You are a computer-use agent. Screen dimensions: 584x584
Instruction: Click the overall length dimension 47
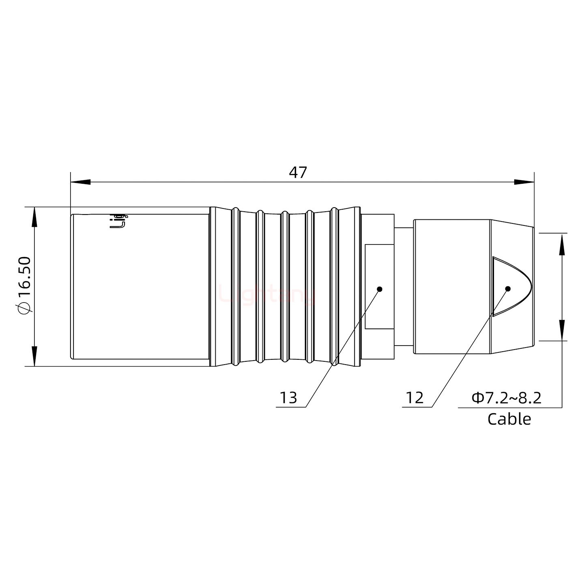(x=298, y=173)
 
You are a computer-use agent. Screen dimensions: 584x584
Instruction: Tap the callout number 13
(x=289, y=398)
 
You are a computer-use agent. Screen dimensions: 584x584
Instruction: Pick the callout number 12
(x=414, y=398)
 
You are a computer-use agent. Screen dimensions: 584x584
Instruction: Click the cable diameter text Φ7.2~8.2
(x=507, y=398)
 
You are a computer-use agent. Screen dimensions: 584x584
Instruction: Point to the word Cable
(x=509, y=419)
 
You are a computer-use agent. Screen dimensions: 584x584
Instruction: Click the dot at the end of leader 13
(x=380, y=289)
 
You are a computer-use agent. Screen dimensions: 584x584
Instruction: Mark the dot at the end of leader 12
(x=507, y=289)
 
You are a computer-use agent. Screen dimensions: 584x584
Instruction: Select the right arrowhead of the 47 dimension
(x=524, y=182)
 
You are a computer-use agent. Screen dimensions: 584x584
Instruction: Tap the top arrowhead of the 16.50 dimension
(x=34, y=217)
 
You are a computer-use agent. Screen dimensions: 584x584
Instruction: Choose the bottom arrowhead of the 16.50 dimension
(x=34, y=356)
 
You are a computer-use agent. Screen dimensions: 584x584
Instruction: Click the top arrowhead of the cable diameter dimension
(x=562, y=243)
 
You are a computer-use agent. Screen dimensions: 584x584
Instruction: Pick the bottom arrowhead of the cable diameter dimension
(x=562, y=331)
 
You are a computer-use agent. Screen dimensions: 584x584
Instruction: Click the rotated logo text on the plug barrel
(x=118, y=221)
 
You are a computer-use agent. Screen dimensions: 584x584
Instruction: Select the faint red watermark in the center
(x=268, y=294)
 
